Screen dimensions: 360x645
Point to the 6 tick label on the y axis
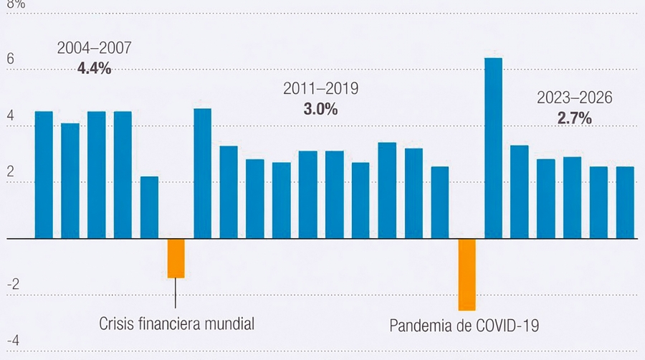pyautogui.click(x=10, y=60)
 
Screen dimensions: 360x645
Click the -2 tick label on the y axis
pyautogui.click(x=12, y=283)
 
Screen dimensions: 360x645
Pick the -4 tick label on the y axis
pyautogui.click(x=12, y=339)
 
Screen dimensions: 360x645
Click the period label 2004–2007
pyautogui.click(x=94, y=49)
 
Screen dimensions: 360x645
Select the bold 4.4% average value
pyautogui.click(x=94, y=69)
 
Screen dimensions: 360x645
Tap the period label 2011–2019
pyautogui.click(x=320, y=89)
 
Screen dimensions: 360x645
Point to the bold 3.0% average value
pyautogui.click(x=320, y=109)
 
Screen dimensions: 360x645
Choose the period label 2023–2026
pyautogui.click(x=575, y=98)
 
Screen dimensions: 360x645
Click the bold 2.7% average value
pyautogui.click(x=575, y=118)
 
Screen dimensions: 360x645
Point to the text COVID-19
pyautogui.click(x=506, y=326)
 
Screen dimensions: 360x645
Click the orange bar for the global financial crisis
pyautogui.click(x=176, y=258)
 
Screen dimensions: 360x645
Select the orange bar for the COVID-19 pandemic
pyautogui.click(x=467, y=274)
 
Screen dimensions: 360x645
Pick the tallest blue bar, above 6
pyautogui.click(x=493, y=148)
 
